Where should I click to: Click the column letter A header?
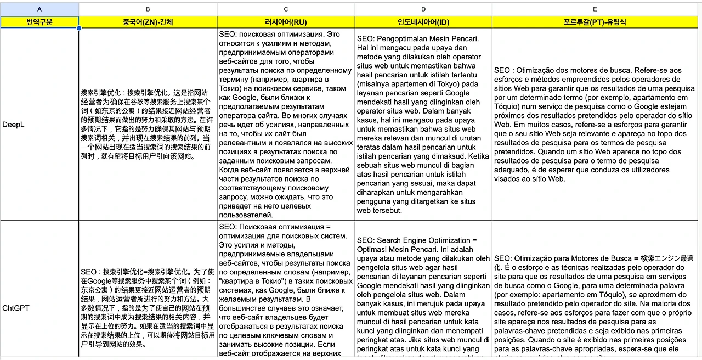pyautogui.click(x=39, y=9)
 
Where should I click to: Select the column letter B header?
pyautogui.click(x=148, y=9)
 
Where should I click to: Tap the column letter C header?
pyautogui.click(x=286, y=9)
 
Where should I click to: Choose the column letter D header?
pyautogui.click(x=423, y=9)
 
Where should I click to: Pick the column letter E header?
pyautogui.click(x=595, y=9)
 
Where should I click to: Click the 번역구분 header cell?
pyautogui.click(x=39, y=22)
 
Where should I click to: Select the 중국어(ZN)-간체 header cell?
pyautogui.click(x=148, y=22)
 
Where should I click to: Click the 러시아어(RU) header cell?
pyautogui.click(x=286, y=22)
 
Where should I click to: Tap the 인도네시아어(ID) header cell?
pyautogui.click(x=423, y=22)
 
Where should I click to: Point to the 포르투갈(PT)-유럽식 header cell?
pyautogui.click(x=595, y=22)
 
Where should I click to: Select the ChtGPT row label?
pyautogui.click(x=16, y=308)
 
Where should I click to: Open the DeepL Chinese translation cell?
pyautogui.click(x=148, y=124)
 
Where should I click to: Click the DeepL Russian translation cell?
pyautogui.click(x=286, y=124)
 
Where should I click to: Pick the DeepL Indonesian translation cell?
pyautogui.click(x=423, y=124)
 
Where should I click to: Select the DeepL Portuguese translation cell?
pyautogui.click(x=595, y=124)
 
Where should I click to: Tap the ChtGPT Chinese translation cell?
pyautogui.click(x=148, y=308)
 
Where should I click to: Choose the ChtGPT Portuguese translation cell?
pyautogui.click(x=595, y=308)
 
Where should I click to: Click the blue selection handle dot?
pyautogui.click(x=79, y=28)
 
